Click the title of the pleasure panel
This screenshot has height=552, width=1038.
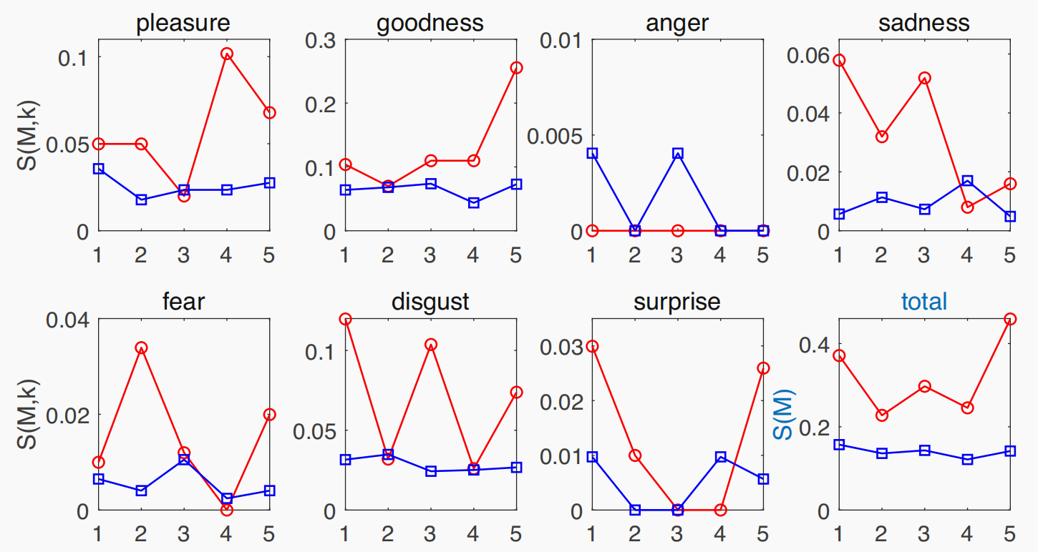[184, 23]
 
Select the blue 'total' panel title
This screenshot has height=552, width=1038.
[924, 302]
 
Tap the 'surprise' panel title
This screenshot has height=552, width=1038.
[677, 302]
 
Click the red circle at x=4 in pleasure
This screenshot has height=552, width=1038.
[227, 54]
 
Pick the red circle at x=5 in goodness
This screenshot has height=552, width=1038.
[516, 68]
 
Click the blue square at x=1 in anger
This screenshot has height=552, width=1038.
[592, 153]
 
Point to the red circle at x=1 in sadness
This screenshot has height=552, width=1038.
[839, 60]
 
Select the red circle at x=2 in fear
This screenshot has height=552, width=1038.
[141, 348]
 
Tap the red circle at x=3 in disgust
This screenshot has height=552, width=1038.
[431, 345]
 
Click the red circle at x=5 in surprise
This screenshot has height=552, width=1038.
[763, 368]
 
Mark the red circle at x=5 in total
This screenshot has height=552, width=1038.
[1010, 319]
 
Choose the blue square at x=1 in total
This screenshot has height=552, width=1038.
[839, 445]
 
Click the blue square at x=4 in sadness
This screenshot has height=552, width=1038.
[967, 181]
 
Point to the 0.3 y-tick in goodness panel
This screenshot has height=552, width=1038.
[321, 40]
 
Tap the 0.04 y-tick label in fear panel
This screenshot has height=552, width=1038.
[68, 319]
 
